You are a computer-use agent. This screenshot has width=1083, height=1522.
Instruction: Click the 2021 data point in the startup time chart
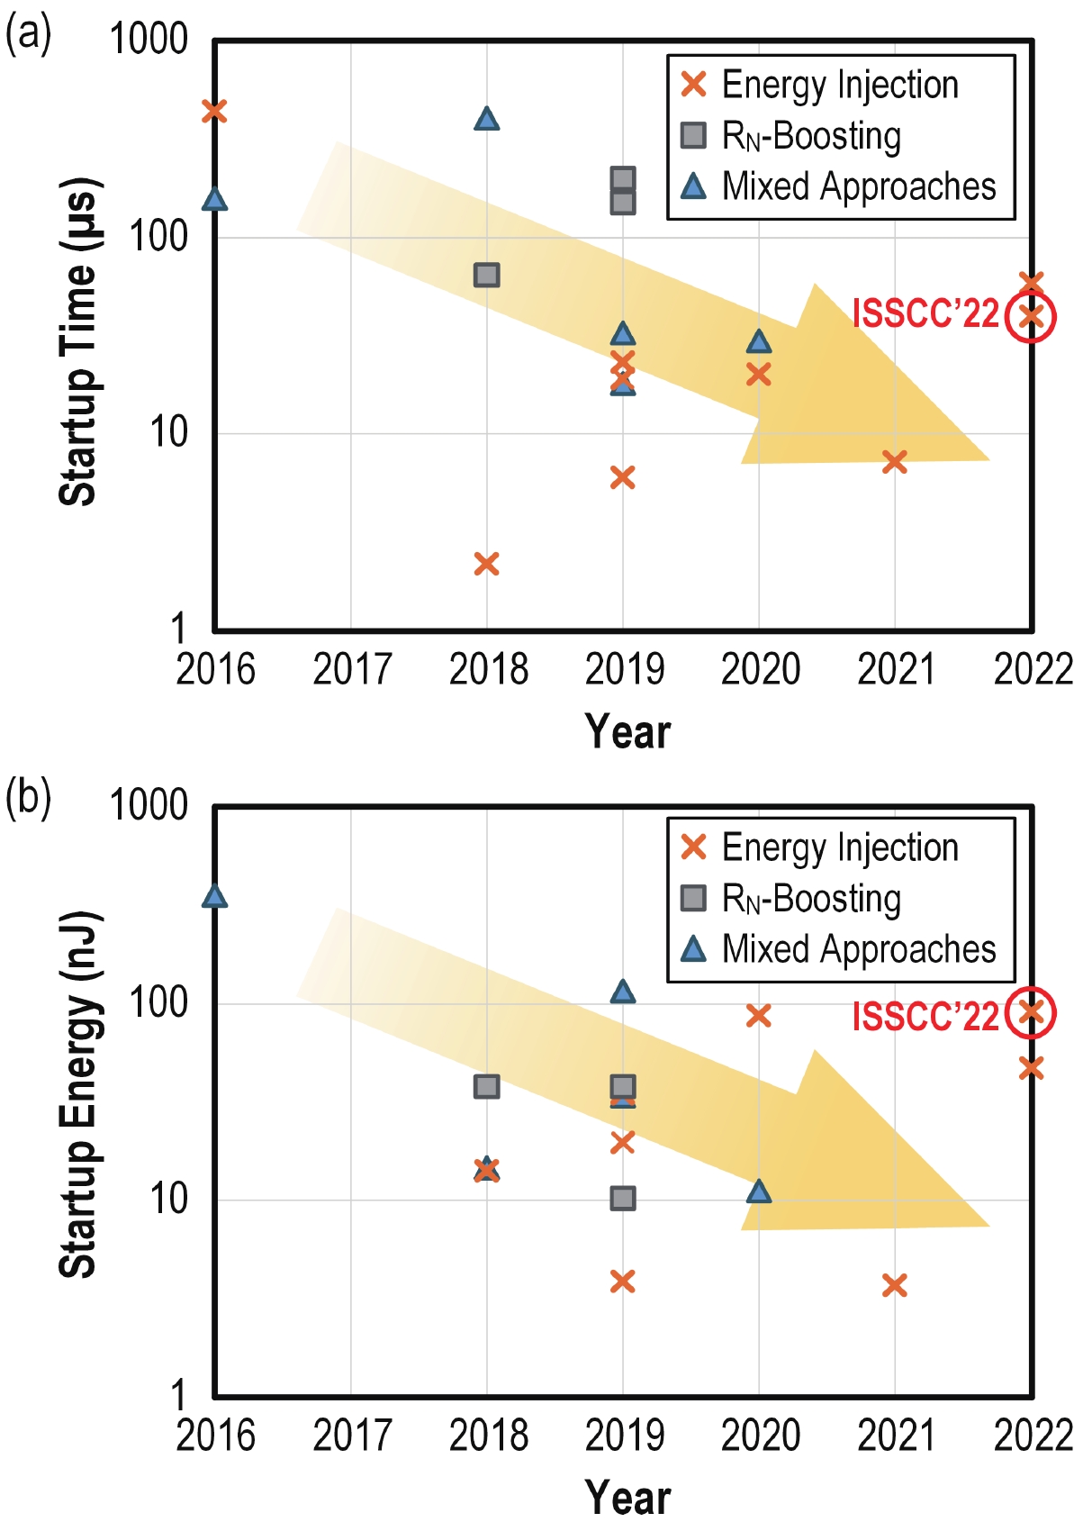pyautogui.click(x=894, y=462)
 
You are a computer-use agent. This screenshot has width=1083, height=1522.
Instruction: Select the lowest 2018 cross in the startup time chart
pyautogui.click(x=486, y=565)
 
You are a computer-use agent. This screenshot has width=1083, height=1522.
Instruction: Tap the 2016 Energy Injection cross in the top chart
pyautogui.click(x=214, y=111)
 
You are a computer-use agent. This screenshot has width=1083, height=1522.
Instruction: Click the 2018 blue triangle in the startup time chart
pyautogui.click(x=486, y=119)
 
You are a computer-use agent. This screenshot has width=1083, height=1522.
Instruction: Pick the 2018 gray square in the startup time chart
pyautogui.click(x=486, y=275)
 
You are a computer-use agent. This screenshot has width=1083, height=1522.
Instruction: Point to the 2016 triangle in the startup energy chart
pyautogui.click(x=214, y=896)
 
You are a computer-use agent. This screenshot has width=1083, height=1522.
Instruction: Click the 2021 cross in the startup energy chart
pyautogui.click(x=894, y=1285)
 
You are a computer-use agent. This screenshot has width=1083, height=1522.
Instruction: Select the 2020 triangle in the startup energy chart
pyautogui.click(x=759, y=1191)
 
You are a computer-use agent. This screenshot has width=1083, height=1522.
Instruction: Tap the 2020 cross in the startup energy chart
pyautogui.click(x=759, y=1016)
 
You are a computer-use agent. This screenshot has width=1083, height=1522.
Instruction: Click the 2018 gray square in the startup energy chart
pyautogui.click(x=486, y=1086)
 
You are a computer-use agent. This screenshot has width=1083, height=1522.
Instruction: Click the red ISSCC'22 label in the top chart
pyautogui.click(x=925, y=314)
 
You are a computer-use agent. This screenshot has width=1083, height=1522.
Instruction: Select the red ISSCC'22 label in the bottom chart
pyautogui.click(x=925, y=1017)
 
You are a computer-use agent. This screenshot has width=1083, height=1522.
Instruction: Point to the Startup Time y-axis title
pyautogui.click(x=78, y=342)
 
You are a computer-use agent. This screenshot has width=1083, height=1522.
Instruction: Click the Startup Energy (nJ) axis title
pyautogui.click(x=78, y=1094)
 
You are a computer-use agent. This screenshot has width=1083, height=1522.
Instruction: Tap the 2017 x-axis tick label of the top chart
pyautogui.click(x=351, y=670)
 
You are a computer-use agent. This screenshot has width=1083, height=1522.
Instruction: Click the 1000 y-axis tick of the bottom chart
pyautogui.click(x=149, y=804)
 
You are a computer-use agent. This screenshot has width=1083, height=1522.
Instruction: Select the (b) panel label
pyautogui.click(x=28, y=797)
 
